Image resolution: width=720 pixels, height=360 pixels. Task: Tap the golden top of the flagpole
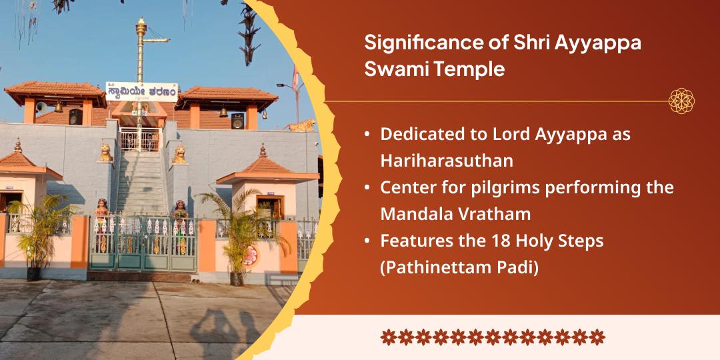tap(141, 27)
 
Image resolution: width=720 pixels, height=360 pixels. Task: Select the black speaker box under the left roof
tap(75, 116)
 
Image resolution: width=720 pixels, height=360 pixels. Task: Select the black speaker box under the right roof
tap(237, 121)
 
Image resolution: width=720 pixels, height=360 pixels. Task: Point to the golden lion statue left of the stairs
tap(105, 153)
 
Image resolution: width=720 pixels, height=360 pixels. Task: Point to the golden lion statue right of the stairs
tap(179, 155)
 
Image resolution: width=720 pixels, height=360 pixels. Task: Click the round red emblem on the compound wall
tap(251, 256)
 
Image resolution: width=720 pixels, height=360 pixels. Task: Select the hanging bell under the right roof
tap(223, 112)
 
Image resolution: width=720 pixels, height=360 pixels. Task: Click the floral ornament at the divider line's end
tap(681, 101)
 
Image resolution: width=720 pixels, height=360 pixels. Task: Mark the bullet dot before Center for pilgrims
tap(367, 188)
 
